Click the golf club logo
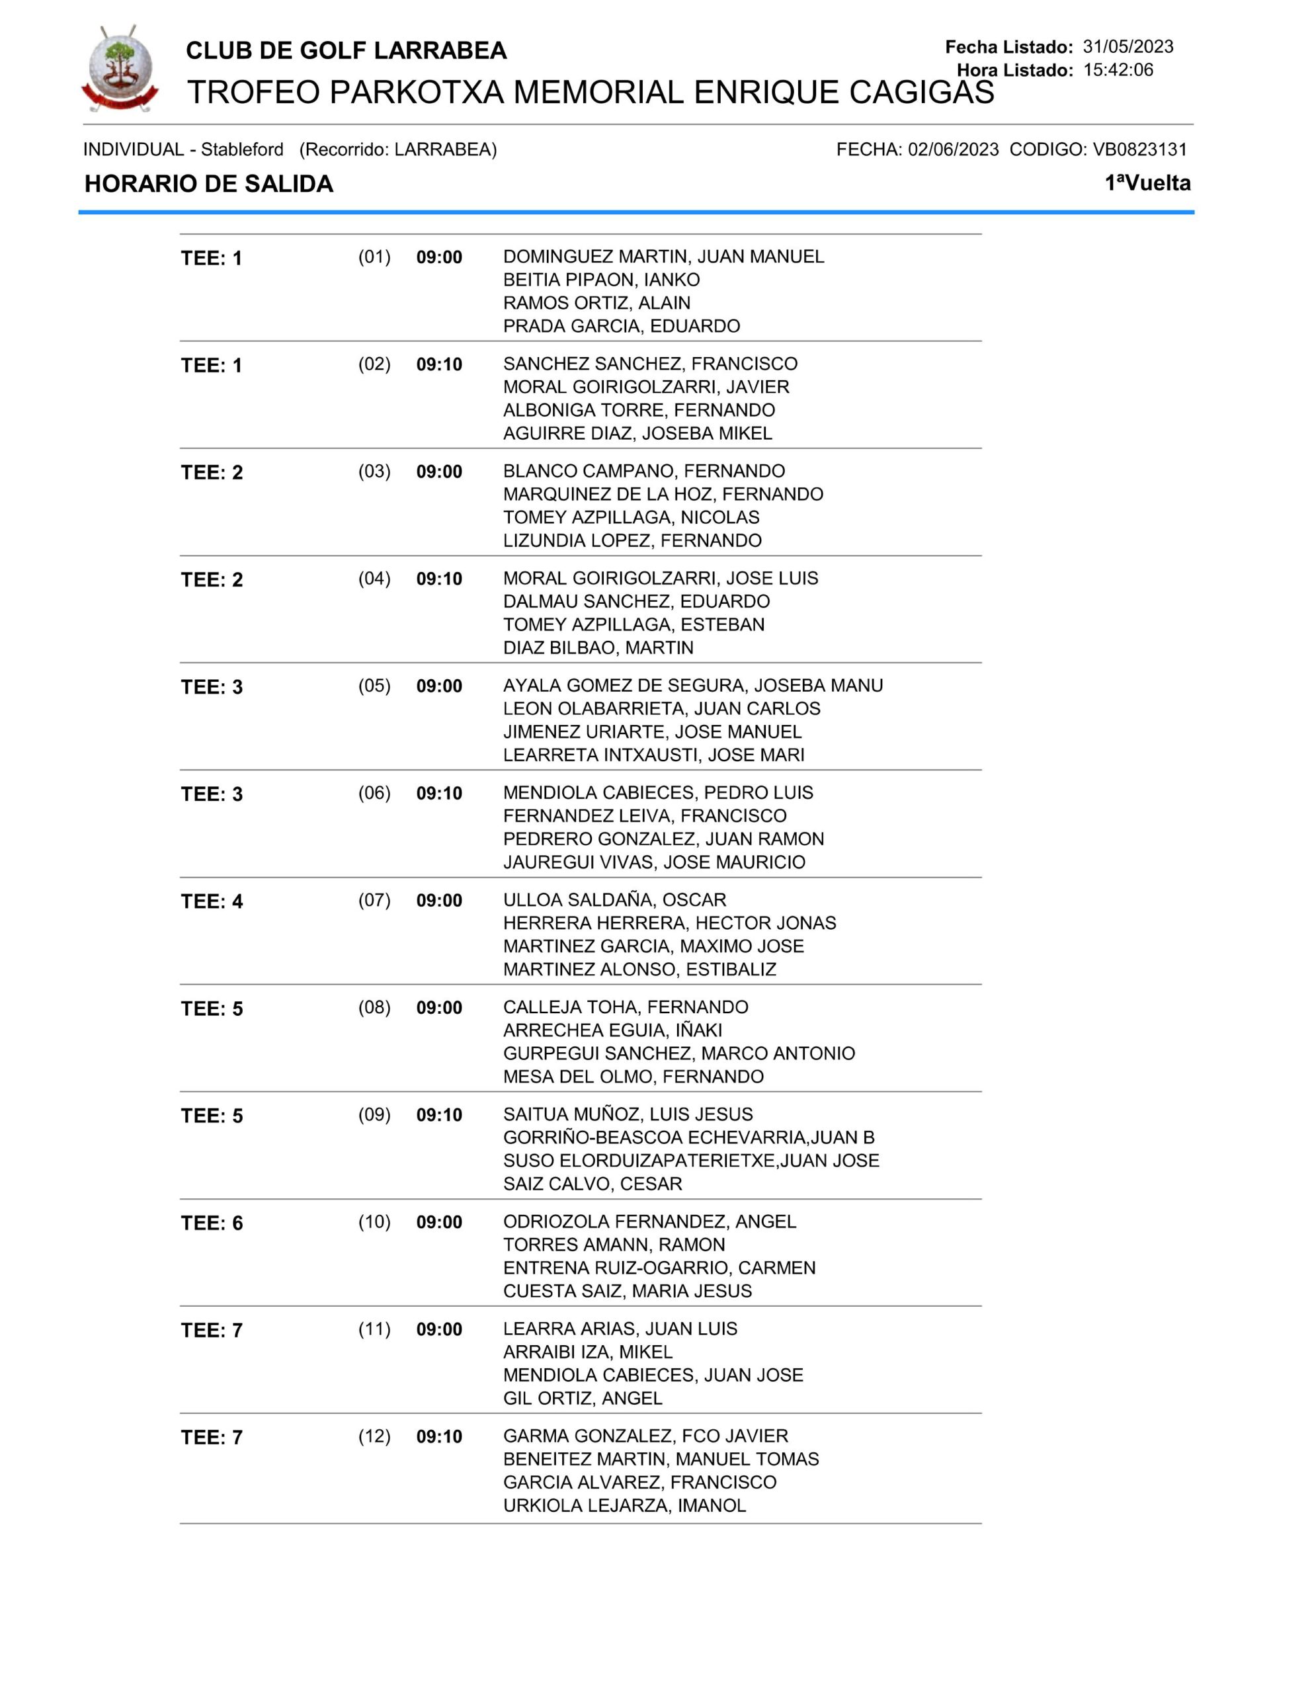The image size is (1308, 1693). tap(120, 68)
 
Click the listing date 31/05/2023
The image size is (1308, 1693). tap(1127, 46)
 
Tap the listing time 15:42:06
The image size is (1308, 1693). tap(1118, 69)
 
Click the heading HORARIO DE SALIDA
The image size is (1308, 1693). tap(208, 184)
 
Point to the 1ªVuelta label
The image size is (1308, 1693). tap(1147, 183)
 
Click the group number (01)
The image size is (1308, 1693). tap(374, 257)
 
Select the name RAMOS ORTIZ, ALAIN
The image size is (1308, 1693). tap(596, 303)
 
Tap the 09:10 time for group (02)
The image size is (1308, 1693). tap(439, 364)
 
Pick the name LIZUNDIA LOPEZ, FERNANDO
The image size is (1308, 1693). tap(632, 540)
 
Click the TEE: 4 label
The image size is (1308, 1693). tap(212, 901)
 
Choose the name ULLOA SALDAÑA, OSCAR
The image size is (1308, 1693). tap(614, 900)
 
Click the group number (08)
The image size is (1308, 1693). tap(374, 1007)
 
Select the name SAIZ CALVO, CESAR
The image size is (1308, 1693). tap(593, 1184)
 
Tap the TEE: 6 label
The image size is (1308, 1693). tap(212, 1223)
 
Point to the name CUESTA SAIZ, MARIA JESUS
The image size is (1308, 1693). tap(628, 1291)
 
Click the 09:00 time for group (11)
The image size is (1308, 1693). tap(439, 1329)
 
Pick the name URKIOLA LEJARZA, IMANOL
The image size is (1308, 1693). tap(624, 1505)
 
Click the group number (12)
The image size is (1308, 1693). tap(374, 1436)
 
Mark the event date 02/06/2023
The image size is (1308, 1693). tap(953, 149)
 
